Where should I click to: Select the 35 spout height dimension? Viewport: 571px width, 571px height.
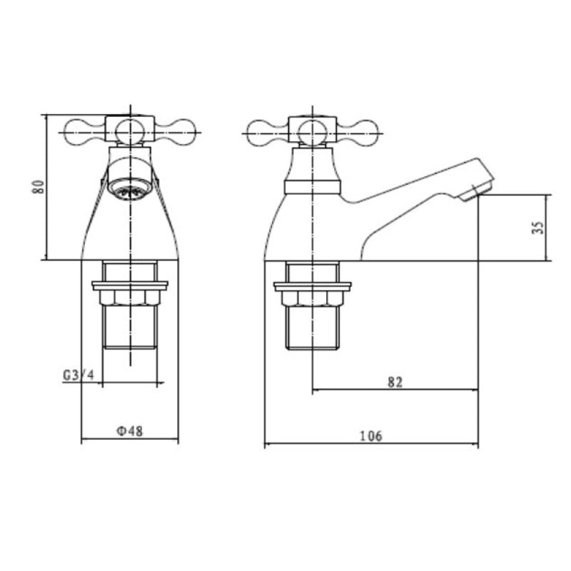coord(538,227)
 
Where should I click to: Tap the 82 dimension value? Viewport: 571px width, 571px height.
coord(395,381)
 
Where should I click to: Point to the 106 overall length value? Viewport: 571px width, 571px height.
coord(371,435)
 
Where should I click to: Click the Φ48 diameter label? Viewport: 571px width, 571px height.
coord(129,431)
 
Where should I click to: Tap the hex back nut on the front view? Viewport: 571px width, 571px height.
coord(130,298)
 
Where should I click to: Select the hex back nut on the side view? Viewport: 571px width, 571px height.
coord(312,298)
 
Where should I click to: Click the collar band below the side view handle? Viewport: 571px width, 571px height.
coord(312,188)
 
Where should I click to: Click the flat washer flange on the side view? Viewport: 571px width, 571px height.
coord(312,286)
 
